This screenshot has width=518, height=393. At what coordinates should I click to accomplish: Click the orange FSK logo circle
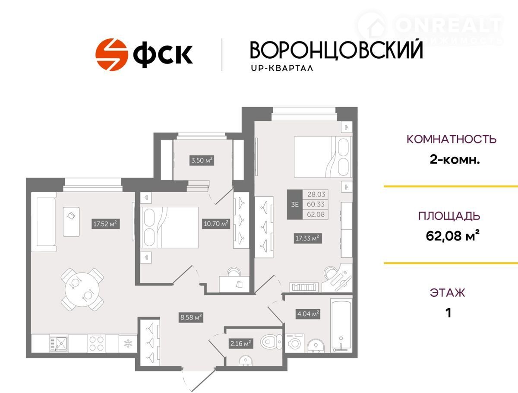click(112, 54)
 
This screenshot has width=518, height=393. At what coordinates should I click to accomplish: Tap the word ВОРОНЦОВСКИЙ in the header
click(336, 50)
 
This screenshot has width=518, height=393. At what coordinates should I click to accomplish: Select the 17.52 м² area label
click(105, 224)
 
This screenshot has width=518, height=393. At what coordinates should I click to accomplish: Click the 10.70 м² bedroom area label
click(216, 224)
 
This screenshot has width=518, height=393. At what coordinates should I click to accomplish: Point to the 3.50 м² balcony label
click(202, 160)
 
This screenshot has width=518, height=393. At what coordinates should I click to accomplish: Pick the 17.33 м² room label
click(307, 238)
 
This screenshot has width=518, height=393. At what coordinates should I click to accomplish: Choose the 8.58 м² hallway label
click(191, 317)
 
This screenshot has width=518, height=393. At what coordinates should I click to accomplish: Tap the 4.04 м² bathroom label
click(308, 314)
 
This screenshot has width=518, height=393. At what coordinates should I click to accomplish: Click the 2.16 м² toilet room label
click(241, 343)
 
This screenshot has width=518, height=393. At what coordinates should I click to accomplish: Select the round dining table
click(82, 289)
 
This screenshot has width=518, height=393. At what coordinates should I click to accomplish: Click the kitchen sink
click(59, 343)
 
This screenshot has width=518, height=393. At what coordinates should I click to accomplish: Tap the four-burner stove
click(97, 343)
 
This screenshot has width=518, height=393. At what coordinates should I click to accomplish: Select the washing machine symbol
click(294, 343)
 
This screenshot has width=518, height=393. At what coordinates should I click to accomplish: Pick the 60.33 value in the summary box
click(316, 204)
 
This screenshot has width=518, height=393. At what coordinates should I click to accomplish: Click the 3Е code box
click(295, 204)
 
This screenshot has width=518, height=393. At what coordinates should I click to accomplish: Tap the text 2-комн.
click(455, 160)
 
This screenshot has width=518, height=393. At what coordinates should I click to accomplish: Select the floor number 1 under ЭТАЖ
click(448, 313)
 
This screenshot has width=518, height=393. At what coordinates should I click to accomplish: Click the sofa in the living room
click(46, 222)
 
